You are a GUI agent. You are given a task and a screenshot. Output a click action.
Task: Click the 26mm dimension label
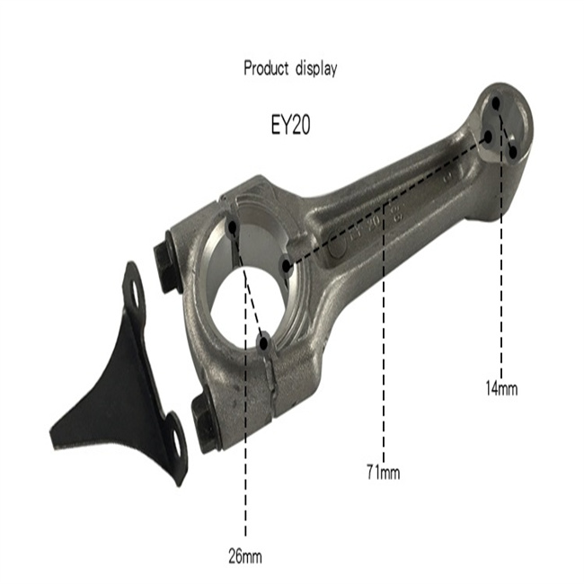tap(245, 557)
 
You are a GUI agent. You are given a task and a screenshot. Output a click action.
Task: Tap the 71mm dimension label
tap(384, 472)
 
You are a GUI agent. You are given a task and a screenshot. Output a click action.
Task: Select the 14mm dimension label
tap(501, 388)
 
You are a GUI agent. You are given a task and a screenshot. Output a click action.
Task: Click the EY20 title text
tap(290, 125)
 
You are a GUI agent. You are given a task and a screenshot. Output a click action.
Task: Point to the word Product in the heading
tap(266, 68)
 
